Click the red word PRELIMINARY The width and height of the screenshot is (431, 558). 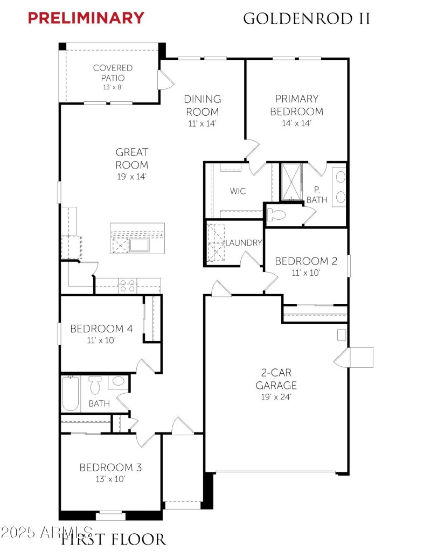(x=86, y=18)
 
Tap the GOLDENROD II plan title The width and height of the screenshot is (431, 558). (x=307, y=18)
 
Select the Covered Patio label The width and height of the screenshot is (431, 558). (x=113, y=73)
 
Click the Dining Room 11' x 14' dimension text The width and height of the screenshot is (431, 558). (x=203, y=123)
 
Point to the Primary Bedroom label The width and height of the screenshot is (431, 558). (x=297, y=105)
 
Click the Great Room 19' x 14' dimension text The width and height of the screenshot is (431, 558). (x=131, y=176)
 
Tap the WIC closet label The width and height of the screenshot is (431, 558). (x=238, y=191)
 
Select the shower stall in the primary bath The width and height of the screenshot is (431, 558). (x=291, y=182)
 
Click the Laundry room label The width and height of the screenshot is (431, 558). (x=244, y=243)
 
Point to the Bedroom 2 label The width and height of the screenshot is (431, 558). (x=306, y=261)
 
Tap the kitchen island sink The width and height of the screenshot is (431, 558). (x=139, y=246)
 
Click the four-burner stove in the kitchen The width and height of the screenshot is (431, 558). (x=127, y=286)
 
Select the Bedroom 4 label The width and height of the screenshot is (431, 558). (x=101, y=329)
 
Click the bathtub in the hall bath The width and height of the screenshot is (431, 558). (x=70, y=394)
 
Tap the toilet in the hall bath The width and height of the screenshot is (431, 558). (x=95, y=385)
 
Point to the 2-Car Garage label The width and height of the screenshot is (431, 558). (x=276, y=379)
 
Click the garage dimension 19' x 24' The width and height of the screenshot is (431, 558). (x=276, y=397)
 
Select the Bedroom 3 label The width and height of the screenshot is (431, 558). (x=110, y=468)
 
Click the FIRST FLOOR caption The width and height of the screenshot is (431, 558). (x=113, y=540)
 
